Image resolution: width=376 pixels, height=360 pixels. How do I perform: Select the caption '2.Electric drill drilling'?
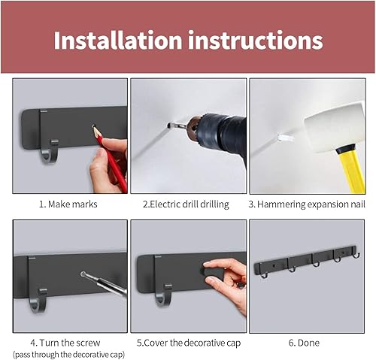click(x=187, y=204)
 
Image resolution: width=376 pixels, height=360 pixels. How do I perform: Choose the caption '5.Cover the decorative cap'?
click(x=187, y=342)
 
